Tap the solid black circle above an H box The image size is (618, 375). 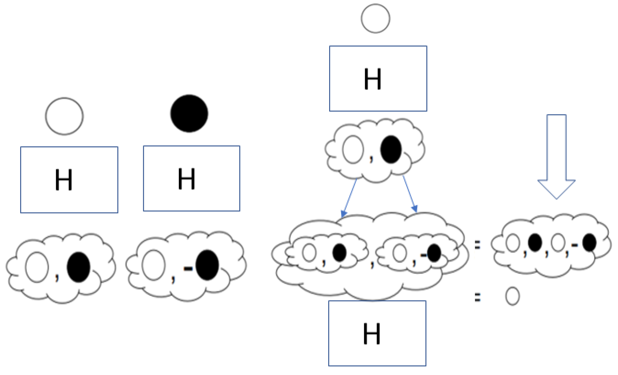pos(189,114)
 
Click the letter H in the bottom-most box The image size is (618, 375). pos(372,334)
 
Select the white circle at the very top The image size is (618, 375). pos(375,18)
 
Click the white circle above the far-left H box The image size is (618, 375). pos(64,116)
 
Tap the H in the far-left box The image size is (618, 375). pos(64,180)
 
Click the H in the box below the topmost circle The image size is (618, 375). pos(372,79)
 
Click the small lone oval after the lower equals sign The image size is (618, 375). pos(512,296)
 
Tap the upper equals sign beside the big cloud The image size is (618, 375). pos(477,245)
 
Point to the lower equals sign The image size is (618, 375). pos(477,297)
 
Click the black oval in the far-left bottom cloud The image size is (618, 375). pos(79,267)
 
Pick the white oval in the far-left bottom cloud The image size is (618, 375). pos(37,267)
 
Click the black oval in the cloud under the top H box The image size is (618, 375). pos(391,149)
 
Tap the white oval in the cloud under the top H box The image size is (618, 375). pos(353,150)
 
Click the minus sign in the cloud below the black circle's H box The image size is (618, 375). pos(188,269)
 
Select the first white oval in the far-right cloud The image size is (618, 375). pos(513,243)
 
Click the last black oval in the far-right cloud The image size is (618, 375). pos(589,242)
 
